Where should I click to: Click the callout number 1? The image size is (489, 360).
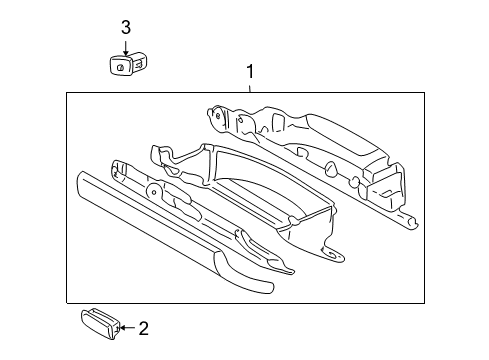tap(250, 71)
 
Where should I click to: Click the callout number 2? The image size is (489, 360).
tap(142, 326)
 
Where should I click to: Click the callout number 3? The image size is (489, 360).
tap(126, 27)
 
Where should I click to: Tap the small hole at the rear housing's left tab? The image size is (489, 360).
tap(218, 115)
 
